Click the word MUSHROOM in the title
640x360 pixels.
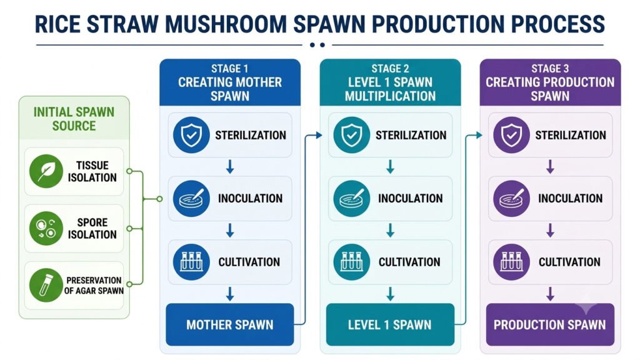click(x=226, y=24)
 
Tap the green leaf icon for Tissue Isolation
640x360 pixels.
click(x=46, y=171)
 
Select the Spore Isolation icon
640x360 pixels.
click(x=46, y=229)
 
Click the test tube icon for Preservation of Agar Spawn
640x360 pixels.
click(x=46, y=285)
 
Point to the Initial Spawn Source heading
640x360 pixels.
click(x=74, y=119)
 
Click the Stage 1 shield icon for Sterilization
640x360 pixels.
click(x=191, y=135)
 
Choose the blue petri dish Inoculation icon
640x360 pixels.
click(x=191, y=199)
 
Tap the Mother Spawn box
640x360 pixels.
click(x=230, y=324)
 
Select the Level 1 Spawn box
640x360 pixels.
click(x=390, y=324)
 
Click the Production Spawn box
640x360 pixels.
click(x=550, y=324)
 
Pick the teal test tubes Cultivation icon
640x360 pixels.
click(x=351, y=262)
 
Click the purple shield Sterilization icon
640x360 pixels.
click(x=511, y=135)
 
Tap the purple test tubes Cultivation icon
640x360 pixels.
click(x=511, y=262)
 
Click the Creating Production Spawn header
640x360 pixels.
click(x=550, y=89)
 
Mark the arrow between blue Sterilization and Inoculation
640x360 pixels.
click(x=230, y=167)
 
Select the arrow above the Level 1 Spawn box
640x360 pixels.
click(x=390, y=294)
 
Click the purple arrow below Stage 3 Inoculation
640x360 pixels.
click(x=550, y=231)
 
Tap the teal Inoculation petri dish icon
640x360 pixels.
click(x=351, y=199)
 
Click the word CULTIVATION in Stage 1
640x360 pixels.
click(x=249, y=262)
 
